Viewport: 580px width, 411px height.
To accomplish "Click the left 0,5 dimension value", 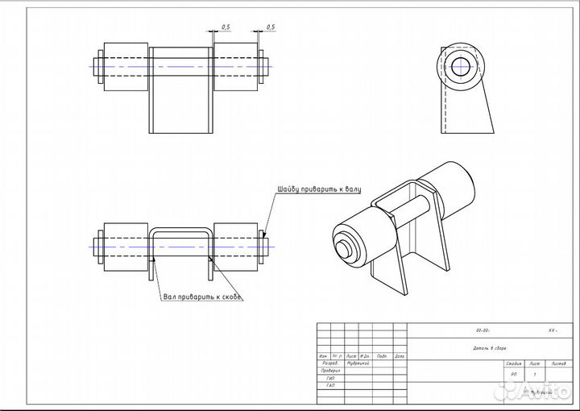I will (x=225, y=27).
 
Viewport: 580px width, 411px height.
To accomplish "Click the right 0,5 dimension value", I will (x=270, y=27).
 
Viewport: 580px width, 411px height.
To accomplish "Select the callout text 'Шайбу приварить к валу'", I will (x=319, y=189).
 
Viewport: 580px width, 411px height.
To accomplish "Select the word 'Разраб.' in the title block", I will (x=329, y=363).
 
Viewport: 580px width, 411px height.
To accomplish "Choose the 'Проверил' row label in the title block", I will (x=329, y=371).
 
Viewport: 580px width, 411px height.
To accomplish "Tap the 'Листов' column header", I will (x=557, y=364).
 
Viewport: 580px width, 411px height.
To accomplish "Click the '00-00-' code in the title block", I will (x=483, y=331).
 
